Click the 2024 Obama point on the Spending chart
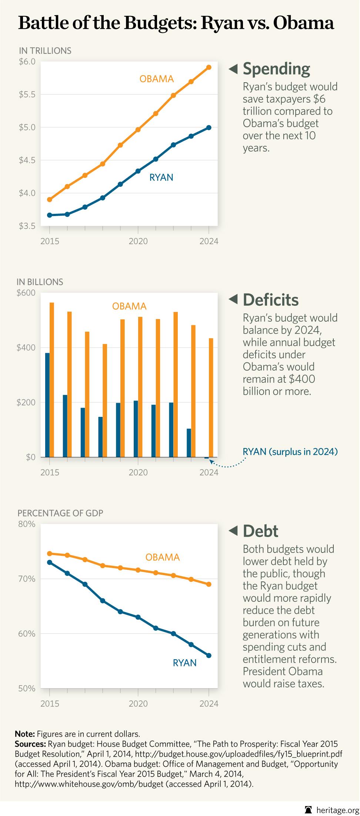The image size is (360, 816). pyautogui.click(x=209, y=67)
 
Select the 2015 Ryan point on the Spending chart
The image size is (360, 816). pyautogui.click(x=50, y=215)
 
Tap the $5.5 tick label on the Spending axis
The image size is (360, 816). pyautogui.click(x=27, y=94)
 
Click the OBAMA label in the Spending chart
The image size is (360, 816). pyautogui.click(x=156, y=79)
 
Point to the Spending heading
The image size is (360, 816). pyautogui.click(x=276, y=69)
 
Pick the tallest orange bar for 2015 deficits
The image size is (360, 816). pyautogui.click(x=52, y=379)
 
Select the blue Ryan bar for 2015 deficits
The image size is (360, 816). pyautogui.click(x=47, y=405)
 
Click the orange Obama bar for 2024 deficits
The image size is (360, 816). pyautogui.click(x=211, y=397)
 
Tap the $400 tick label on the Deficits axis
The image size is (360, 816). pyautogui.click(x=26, y=348)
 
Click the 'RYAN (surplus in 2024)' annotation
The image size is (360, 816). pyautogui.click(x=290, y=452)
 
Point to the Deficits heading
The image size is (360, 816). pyautogui.click(x=270, y=300)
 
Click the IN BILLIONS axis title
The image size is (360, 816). pyautogui.click(x=40, y=282)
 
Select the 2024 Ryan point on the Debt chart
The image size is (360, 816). pyautogui.click(x=209, y=656)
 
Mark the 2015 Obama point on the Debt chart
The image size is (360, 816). pyautogui.click(x=50, y=553)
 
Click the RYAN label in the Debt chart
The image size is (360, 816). pyautogui.click(x=184, y=663)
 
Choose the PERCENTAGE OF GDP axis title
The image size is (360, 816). pyautogui.click(x=60, y=513)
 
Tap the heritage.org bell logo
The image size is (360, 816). pyautogui.click(x=308, y=809)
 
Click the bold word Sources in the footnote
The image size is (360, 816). pyautogui.click(x=30, y=744)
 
